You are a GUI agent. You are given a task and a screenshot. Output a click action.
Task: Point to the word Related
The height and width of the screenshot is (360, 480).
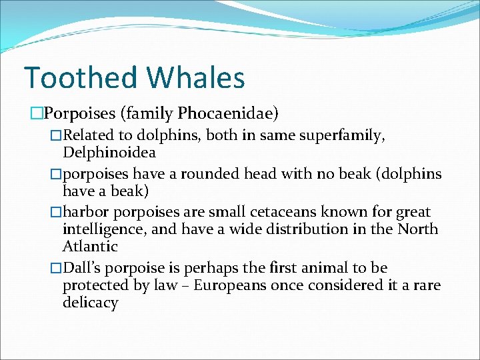click(x=87, y=135)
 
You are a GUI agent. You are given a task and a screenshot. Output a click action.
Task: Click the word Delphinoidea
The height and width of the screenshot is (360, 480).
click(x=109, y=153)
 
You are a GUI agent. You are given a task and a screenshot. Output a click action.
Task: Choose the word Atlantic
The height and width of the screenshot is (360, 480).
click(x=90, y=247)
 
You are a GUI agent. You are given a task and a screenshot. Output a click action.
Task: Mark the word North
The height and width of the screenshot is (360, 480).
click(x=417, y=229)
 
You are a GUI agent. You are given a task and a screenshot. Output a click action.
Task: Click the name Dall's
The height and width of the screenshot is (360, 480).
click(x=83, y=268)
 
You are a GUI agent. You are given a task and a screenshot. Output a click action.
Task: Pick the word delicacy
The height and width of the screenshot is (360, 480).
click(x=90, y=303)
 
